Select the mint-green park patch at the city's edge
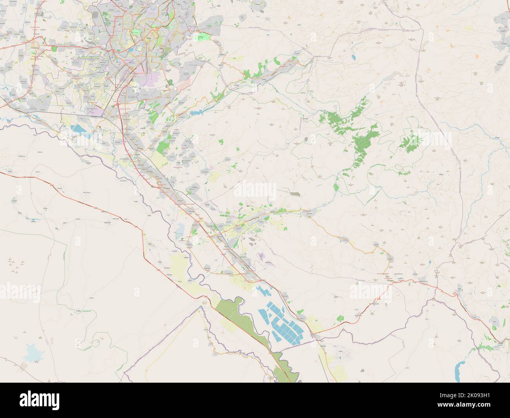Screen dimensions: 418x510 (x=204, y=37)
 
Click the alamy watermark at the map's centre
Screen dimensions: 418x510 (x=255, y=190)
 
